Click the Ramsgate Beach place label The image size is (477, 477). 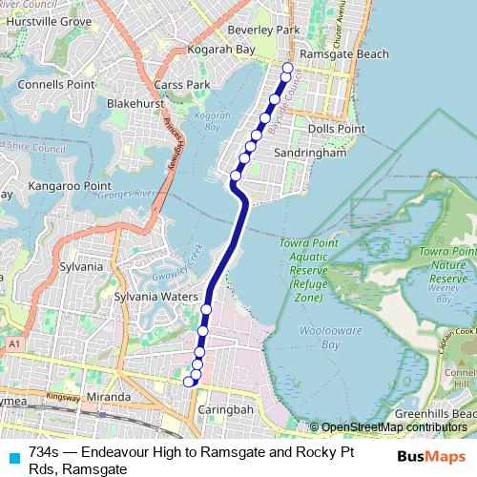pyautogui.click(x=343, y=54)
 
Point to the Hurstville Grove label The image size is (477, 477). pyautogui.click(x=42, y=20)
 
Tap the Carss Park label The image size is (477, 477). pyautogui.click(x=185, y=85)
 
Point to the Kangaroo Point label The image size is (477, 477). pyautogui.click(x=70, y=185)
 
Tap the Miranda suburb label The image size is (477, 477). pyautogui.click(x=108, y=397)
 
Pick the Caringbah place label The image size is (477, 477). pyautogui.click(x=224, y=409)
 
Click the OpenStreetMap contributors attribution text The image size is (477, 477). pyautogui.click(x=393, y=427)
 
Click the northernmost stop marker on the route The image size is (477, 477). pyautogui.click(x=287, y=68)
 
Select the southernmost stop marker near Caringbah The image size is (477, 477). pyautogui.click(x=188, y=382)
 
